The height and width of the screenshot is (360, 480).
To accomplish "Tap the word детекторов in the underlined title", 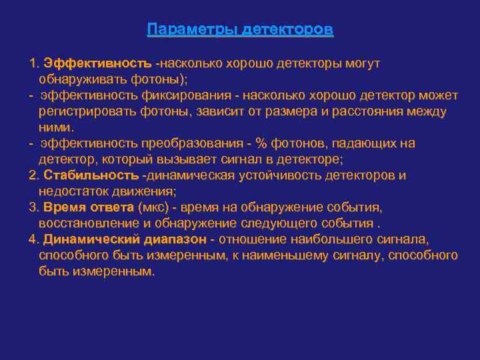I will click(288, 31).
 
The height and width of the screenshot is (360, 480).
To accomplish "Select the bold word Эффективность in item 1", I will click(97, 63).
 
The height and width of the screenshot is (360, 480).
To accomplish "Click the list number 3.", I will click(33, 207).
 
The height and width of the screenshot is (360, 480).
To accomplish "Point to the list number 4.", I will click(33, 239).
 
